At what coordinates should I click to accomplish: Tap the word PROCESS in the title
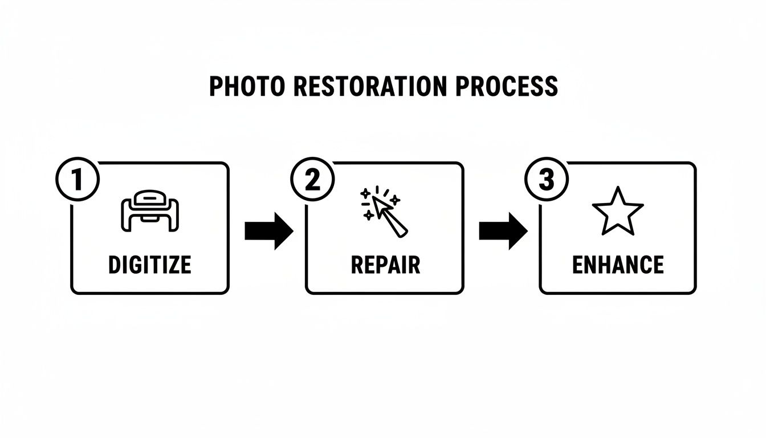[507, 86]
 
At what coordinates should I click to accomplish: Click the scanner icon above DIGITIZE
[150, 210]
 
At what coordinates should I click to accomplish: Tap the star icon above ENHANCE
[618, 210]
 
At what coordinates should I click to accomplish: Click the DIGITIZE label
[150, 265]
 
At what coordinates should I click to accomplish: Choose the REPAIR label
[385, 265]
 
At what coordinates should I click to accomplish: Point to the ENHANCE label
[618, 265]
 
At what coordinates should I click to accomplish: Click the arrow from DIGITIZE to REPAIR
[268, 231]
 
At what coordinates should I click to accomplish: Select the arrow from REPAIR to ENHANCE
[503, 231]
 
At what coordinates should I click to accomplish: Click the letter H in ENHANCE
[608, 265]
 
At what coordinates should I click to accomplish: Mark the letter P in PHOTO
[216, 86]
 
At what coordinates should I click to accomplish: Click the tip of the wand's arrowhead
[374, 200]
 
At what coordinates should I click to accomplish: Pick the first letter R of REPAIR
[357, 265]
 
